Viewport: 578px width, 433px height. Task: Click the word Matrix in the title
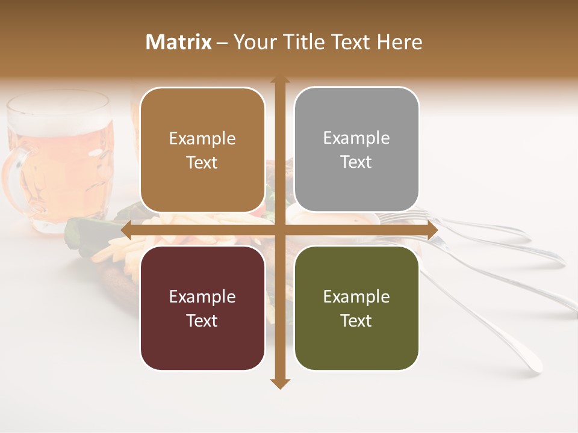[x=179, y=42]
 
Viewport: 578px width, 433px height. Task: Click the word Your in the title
[x=252, y=42]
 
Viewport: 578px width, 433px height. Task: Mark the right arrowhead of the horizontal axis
[x=432, y=230]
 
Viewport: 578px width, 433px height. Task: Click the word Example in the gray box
[x=356, y=138]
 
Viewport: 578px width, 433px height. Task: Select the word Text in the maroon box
[x=202, y=321]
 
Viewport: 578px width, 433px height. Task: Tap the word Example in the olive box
[x=356, y=296]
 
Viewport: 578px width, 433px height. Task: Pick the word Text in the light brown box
[x=202, y=162]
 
